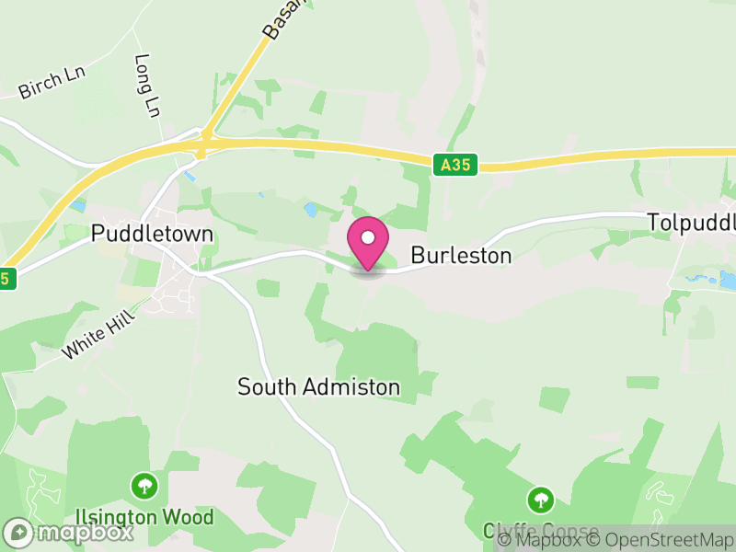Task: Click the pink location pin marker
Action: [x=368, y=242]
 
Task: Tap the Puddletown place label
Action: [x=153, y=235]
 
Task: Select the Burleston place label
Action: [x=461, y=255]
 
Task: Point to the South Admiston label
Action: [x=318, y=387]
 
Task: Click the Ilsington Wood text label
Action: [x=144, y=517]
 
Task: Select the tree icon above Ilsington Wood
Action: [x=144, y=485]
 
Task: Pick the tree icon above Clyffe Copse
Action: [x=540, y=500]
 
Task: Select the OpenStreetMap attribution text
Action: [x=662, y=539]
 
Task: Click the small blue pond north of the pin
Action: [x=310, y=210]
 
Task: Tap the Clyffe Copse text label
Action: [x=540, y=532]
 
